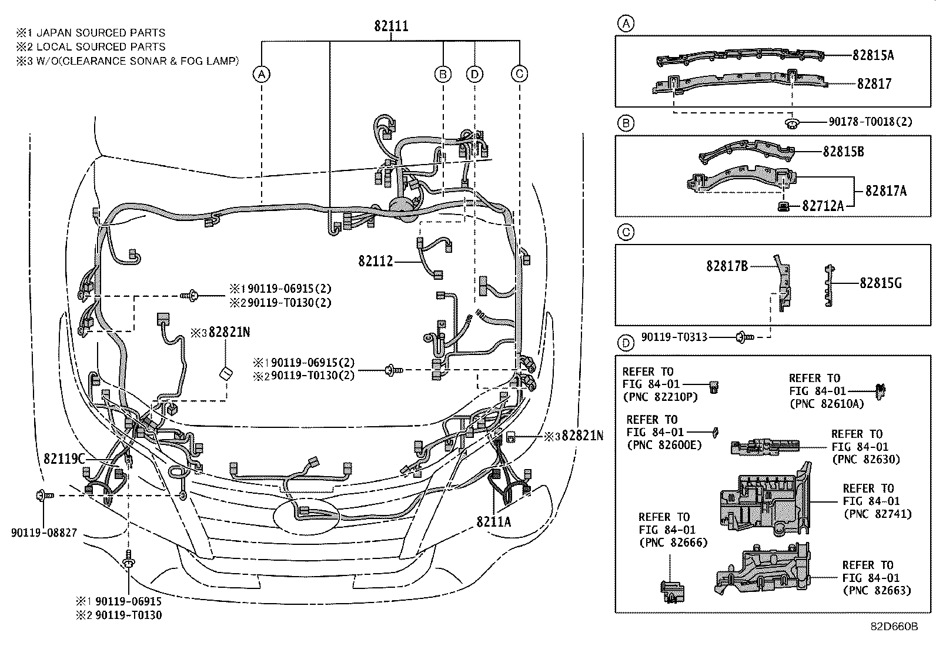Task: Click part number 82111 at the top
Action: (x=391, y=26)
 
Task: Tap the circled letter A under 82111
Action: (x=262, y=74)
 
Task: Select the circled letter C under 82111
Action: (x=519, y=74)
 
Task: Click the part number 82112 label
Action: (x=376, y=261)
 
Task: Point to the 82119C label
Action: (x=65, y=458)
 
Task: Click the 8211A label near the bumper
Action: (x=494, y=521)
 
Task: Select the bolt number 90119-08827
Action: (x=44, y=533)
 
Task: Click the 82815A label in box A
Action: (x=873, y=55)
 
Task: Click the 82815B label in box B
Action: (x=843, y=151)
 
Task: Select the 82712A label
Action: (x=823, y=206)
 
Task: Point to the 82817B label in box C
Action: (x=727, y=266)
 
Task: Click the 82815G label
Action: (x=880, y=283)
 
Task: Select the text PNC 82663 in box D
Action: (x=877, y=591)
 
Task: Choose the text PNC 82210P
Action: (x=660, y=397)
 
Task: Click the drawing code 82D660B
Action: (x=894, y=627)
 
